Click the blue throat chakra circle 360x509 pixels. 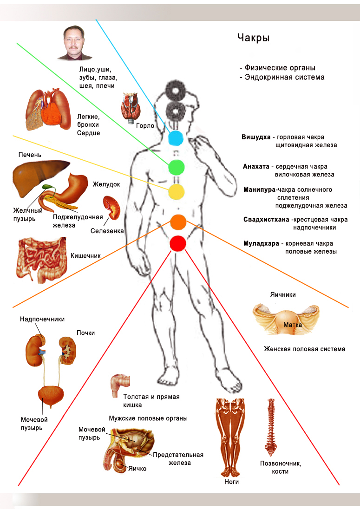tap(176, 138)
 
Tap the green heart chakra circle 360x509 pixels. tap(176, 168)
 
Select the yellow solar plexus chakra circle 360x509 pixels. tap(176, 191)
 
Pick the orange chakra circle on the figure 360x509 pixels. tap(178, 222)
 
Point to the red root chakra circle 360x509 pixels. tap(178, 243)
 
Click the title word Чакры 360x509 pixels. tap(253, 38)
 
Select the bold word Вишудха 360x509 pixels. tap(256, 137)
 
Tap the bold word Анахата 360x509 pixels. tap(256, 167)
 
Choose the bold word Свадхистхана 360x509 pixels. tap(266, 220)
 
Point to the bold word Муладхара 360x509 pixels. tap(261, 243)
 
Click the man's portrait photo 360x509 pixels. tap(74, 43)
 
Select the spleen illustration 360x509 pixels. tap(111, 208)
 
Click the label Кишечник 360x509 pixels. tap(85, 256)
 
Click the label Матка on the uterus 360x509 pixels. tap(293, 325)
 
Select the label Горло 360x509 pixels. tap(145, 126)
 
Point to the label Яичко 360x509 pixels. tap(137, 469)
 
